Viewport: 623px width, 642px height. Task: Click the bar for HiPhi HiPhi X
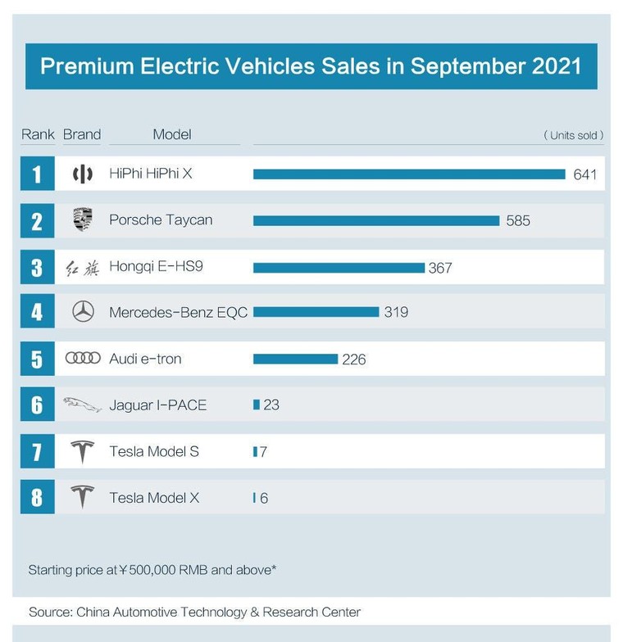tap(409, 174)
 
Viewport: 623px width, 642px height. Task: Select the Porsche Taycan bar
tap(376, 220)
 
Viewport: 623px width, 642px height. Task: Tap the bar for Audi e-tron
tap(295, 359)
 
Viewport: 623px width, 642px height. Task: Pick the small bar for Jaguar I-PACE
tap(257, 405)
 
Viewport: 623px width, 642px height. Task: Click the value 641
tap(585, 174)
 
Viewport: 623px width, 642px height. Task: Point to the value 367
tap(440, 268)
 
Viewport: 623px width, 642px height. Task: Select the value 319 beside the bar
tap(396, 312)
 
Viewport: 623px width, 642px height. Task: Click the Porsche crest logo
tap(83, 219)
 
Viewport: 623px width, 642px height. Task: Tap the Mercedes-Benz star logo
tap(83, 311)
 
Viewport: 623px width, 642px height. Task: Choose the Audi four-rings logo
tap(83, 358)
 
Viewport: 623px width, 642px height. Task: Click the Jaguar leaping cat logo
tap(83, 404)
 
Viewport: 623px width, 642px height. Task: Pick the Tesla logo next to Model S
tap(83, 451)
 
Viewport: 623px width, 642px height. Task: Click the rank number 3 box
tap(37, 267)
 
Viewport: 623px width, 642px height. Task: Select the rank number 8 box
tap(37, 497)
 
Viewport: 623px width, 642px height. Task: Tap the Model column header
tap(172, 134)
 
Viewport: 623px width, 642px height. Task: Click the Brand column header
tap(82, 134)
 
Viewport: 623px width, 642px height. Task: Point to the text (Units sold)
tap(574, 135)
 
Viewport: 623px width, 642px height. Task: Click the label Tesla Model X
tap(154, 498)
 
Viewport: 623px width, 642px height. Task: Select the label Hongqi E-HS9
tap(156, 267)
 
